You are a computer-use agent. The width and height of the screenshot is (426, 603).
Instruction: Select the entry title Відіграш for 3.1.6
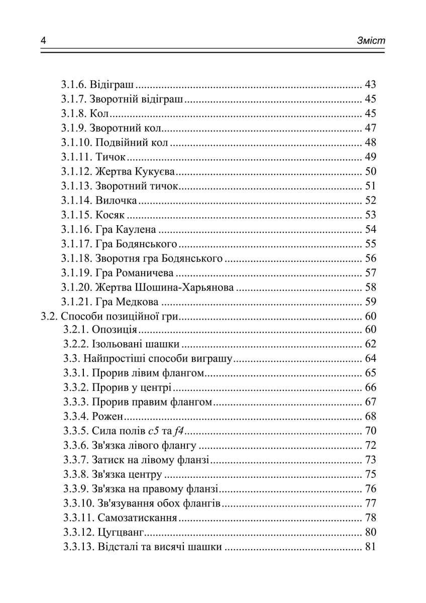point(116,84)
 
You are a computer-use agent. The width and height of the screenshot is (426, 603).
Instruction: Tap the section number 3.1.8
point(75,114)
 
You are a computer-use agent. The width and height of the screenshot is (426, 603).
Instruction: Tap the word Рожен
point(108,417)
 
